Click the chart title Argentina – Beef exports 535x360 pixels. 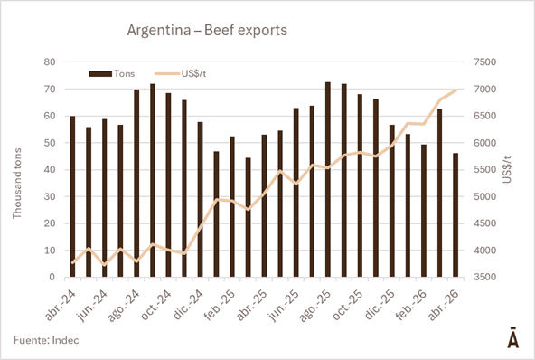click(207, 30)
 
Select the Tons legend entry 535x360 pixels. click(111, 74)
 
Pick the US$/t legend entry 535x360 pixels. click(180, 74)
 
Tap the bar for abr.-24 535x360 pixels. click(72, 196)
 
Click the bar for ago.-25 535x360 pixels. click(328, 180)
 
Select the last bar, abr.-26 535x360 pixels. click(455, 215)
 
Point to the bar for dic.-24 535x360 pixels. click(200, 200)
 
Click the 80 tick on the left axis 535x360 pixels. click(50, 62)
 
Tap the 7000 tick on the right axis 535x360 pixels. click(484, 90)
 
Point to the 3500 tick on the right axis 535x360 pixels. click(484, 277)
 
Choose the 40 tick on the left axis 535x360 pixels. click(50, 170)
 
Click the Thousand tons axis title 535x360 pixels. click(16, 184)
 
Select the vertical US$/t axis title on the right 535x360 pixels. click(507, 169)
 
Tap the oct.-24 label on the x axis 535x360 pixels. click(155, 305)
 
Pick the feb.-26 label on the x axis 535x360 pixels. click(411, 305)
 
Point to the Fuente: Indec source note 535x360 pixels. click(46, 340)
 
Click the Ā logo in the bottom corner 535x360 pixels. click(512, 337)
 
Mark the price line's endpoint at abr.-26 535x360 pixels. click(455, 90)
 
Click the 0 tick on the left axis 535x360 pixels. click(52, 277)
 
